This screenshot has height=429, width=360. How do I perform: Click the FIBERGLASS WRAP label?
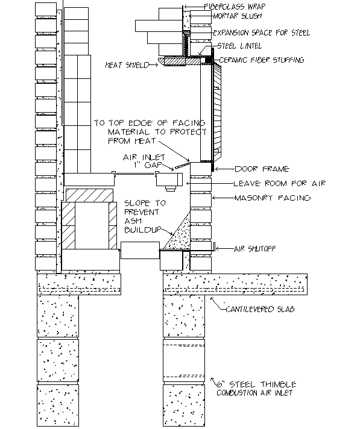(235, 7)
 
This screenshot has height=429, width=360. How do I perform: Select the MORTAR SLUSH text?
(238, 16)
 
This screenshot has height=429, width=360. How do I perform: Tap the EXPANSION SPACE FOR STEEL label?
(262, 33)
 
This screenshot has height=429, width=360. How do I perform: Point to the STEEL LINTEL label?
(240, 46)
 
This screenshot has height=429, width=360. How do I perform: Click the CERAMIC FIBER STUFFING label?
(262, 60)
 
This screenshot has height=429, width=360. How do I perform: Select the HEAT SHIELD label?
(127, 65)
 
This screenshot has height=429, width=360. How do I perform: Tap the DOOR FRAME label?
(262, 169)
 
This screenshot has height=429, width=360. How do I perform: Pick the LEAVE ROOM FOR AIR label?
(280, 183)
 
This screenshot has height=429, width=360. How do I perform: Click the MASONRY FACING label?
(273, 198)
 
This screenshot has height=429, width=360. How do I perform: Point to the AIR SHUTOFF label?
(254, 248)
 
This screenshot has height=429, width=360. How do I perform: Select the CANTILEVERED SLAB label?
(260, 309)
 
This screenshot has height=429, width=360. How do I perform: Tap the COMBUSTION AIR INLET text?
(254, 393)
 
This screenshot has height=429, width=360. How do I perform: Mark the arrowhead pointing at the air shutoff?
(217, 248)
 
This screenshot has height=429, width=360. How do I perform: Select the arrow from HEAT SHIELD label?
(154, 65)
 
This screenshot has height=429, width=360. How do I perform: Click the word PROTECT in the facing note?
(188, 131)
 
